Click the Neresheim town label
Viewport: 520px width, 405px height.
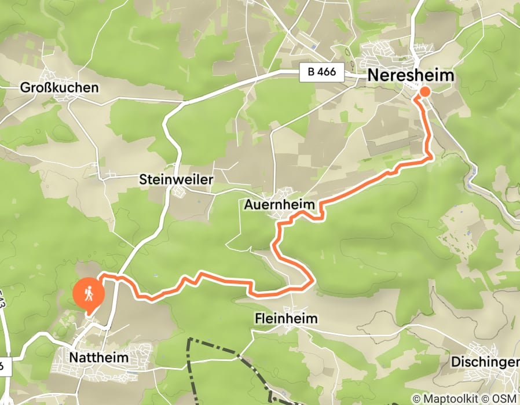tap(411, 76)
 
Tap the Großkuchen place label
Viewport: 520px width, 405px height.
tap(60, 88)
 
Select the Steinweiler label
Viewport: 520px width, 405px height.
tap(177, 180)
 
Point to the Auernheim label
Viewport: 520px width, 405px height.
tap(280, 205)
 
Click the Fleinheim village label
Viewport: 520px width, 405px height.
tap(286, 319)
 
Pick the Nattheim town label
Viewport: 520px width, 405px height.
tap(98, 358)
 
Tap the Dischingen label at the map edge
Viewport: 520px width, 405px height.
tap(485, 362)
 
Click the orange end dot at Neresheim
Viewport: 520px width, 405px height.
tap(424, 91)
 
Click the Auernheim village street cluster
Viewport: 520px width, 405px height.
tap(287, 194)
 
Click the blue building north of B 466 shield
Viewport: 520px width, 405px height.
tap(313, 47)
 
